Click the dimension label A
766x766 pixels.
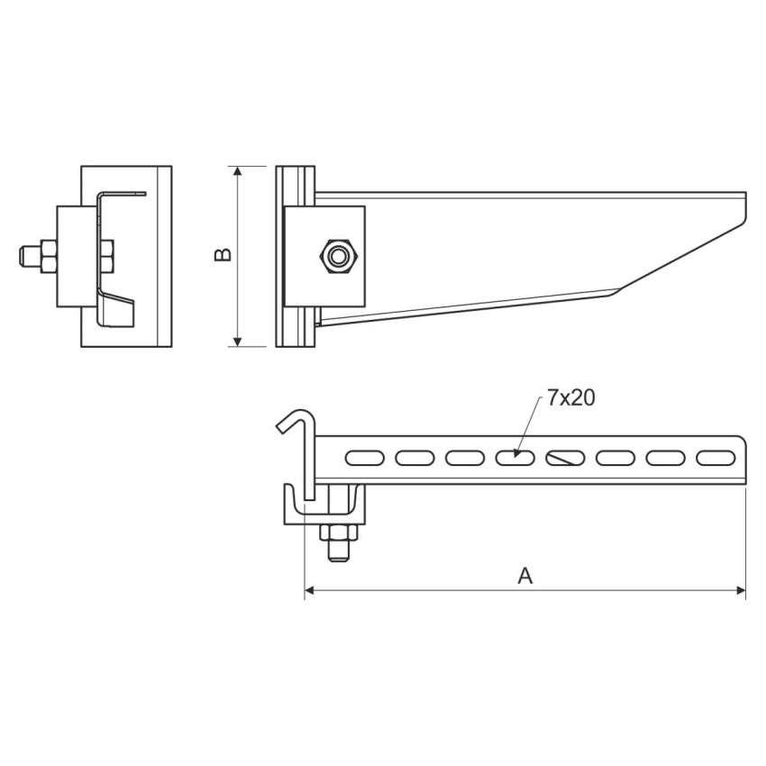tap(524, 576)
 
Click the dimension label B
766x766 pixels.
tap(223, 254)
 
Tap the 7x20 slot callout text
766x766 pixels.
tap(570, 398)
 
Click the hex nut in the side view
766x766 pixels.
tap(338, 256)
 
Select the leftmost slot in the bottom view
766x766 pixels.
tap(364, 458)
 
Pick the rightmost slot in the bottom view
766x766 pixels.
tap(716, 458)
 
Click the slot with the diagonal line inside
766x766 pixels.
tap(565, 458)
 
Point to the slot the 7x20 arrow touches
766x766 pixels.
tap(515, 458)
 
